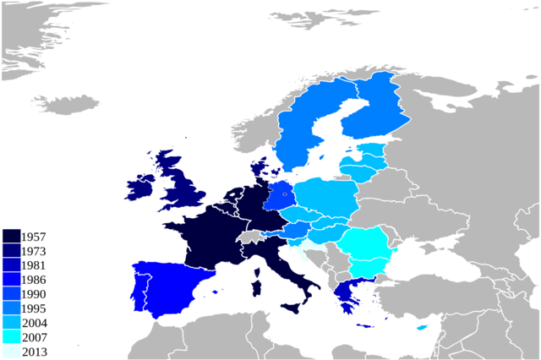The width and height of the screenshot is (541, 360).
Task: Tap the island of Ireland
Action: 139,189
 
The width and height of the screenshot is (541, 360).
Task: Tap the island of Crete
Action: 365,326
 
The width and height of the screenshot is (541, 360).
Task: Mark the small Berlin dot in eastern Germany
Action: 285,196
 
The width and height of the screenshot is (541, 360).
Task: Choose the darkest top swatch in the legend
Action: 11,235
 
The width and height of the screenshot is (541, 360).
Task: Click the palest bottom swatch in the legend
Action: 11,351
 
